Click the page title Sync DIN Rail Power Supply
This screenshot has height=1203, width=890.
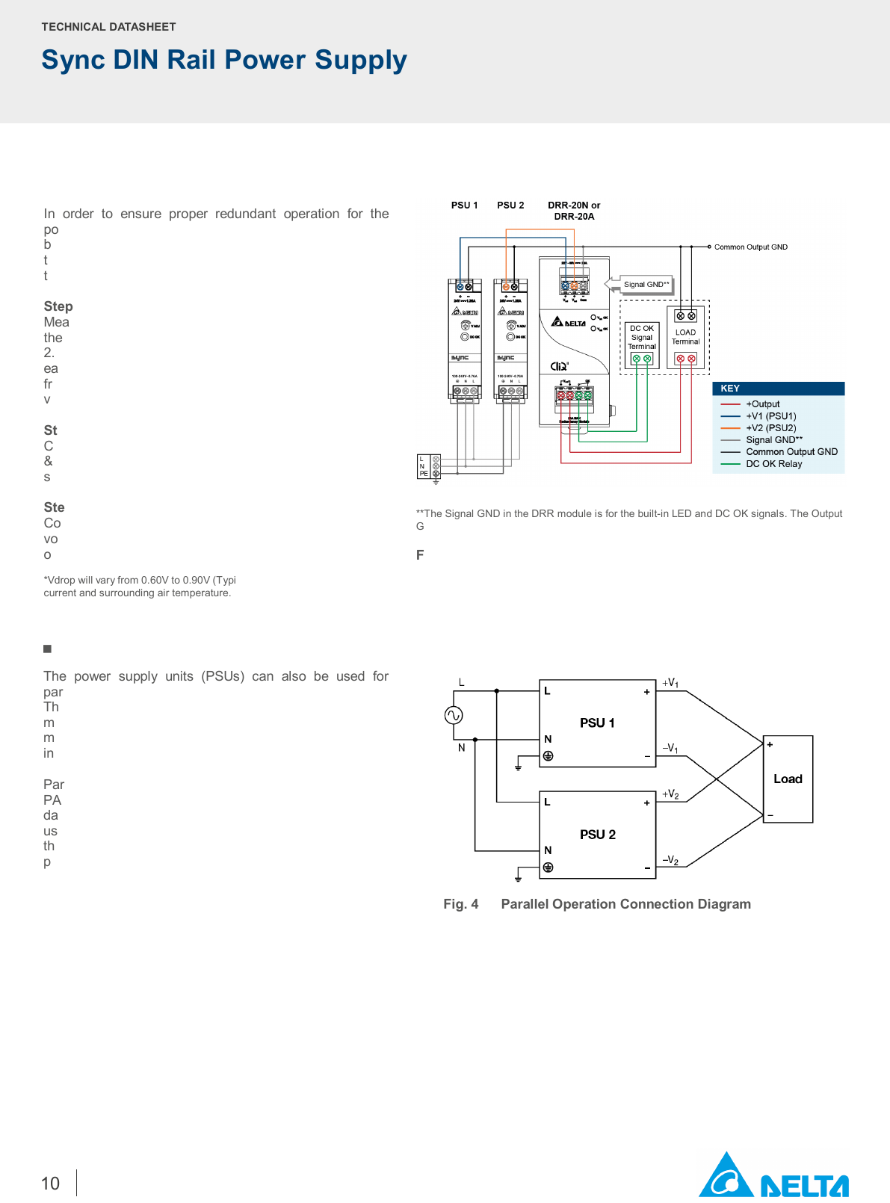tap(224, 60)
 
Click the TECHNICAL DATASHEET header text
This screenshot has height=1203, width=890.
tap(108, 27)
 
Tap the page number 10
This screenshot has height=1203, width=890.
tap(50, 1184)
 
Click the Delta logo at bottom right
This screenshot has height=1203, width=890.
tap(773, 1176)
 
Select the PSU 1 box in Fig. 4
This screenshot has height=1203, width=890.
tap(597, 723)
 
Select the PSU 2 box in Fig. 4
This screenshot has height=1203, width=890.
tap(597, 835)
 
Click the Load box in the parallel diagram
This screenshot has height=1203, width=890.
tap(788, 779)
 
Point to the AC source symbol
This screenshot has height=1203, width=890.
tap(454, 716)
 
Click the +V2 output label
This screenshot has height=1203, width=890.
tap(670, 794)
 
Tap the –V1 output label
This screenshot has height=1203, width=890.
tap(670, 748)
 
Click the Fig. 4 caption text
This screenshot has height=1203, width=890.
tap(597, 904)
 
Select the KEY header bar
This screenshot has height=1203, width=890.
tap(778, 389)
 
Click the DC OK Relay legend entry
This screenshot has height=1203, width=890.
tap(773, 464)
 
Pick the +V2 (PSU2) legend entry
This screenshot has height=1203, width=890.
tap(770, 428)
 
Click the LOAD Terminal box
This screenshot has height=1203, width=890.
tap(685, 337)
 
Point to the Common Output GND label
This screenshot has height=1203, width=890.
tap(750, 247)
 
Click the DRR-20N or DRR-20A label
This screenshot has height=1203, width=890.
tap(574, 211)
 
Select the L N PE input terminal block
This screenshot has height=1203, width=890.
tap(428, 466)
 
